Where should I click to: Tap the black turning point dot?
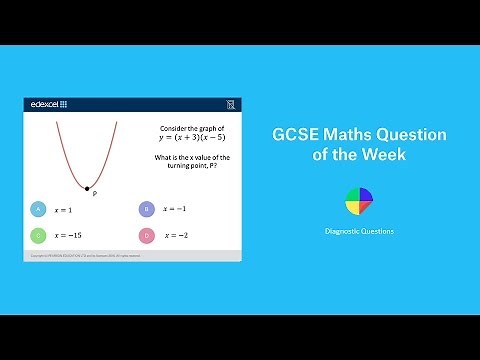pos(87,188)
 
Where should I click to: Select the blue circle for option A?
pos(38,209)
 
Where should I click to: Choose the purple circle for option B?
pos(146,209)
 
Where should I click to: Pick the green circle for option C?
pos(38,235)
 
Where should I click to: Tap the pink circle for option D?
pos(146,235)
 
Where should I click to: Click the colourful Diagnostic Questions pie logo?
pos(358,200)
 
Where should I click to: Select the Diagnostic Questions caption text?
pos(358,231)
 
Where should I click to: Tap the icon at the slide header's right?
pos(232,104)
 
